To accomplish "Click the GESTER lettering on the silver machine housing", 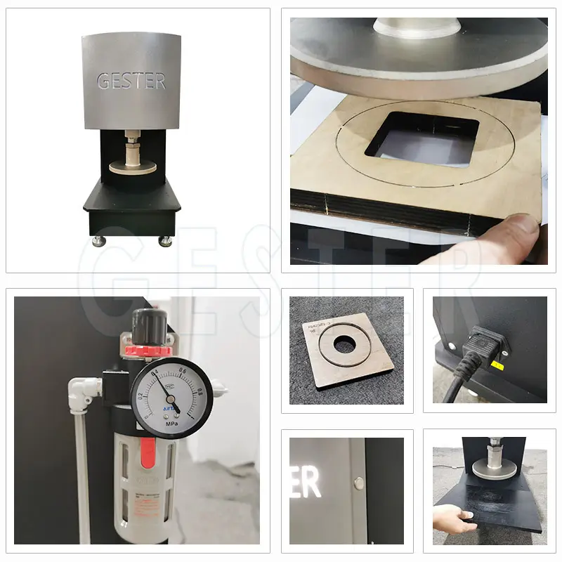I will pos(131,81).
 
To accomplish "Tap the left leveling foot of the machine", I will pos(100,241).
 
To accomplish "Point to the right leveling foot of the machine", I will pos(165,241).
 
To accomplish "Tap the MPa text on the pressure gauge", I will pos(171,425).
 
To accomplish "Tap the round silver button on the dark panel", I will pos(359,483).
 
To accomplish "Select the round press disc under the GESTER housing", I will pos(133,166).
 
